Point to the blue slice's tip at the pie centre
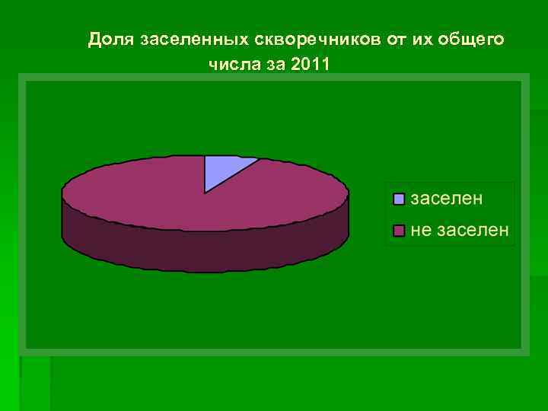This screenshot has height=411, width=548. click(x=205, y=191)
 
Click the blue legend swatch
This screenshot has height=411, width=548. click(x=399, y=199)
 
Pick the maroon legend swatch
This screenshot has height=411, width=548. click(x=399, y=231)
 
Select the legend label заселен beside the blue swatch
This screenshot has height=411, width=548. click(x=447, y=199)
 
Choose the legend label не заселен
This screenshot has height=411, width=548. click(x=460, y=230)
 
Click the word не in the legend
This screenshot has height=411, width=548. click(x=421, y=230)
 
